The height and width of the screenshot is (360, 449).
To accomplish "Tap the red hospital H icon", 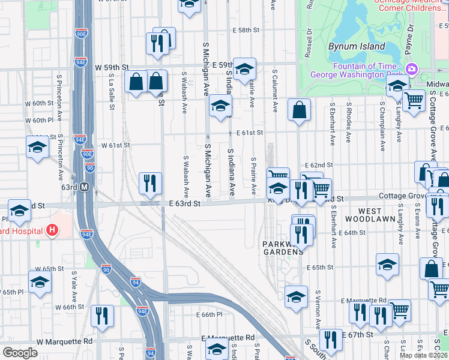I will pos(53,230).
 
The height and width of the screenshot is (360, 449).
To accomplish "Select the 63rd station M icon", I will pos(85,187).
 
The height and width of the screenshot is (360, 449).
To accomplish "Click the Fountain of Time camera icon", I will pos(412,69).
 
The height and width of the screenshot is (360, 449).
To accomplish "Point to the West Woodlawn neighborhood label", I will pos(379,211).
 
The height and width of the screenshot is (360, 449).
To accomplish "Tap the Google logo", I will pos(20,352).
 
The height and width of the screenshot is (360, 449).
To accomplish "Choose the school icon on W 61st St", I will pos(37,146).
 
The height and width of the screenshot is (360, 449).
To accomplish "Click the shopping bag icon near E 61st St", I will pos(299,110).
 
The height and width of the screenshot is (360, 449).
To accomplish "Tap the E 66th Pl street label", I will pos(209,314).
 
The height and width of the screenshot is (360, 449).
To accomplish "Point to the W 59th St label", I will pos(112,67).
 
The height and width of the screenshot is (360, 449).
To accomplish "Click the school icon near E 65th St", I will pos(388,264).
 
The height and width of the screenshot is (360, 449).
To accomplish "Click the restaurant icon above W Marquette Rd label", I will pos(102,315).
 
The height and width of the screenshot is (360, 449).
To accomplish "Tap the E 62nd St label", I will pos(318,165).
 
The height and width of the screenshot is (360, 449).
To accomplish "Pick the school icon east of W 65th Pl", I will pos(40,281).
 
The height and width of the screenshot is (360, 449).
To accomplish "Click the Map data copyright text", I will pos(422,355).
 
